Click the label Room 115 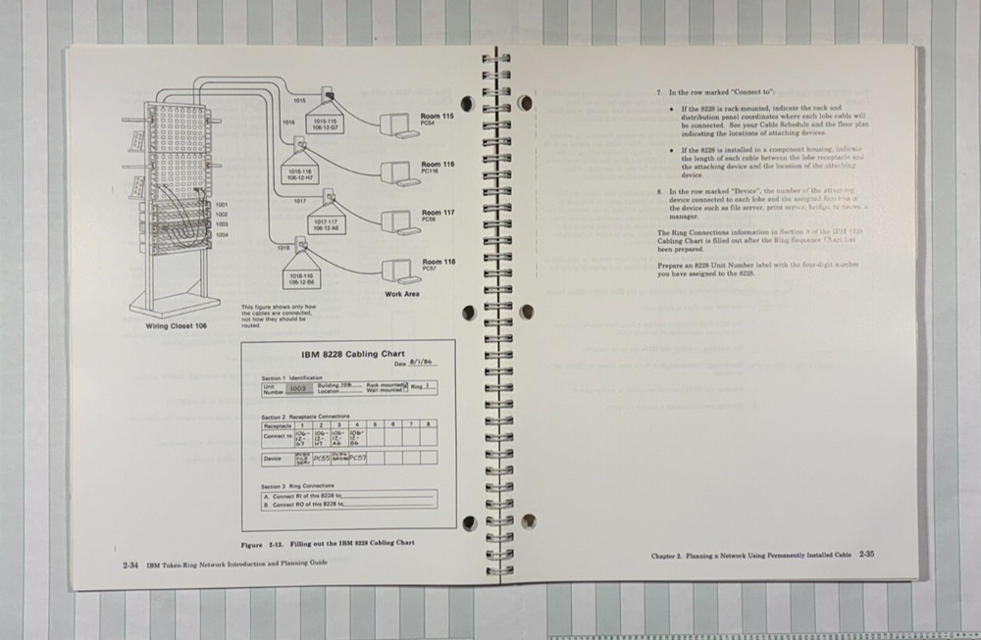[x=438, y=117]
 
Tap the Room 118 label [x=439, y=262]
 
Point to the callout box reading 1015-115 [x=326, y=124]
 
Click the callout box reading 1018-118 [x=301, y=277]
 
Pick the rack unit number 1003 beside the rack [x=222, y=224]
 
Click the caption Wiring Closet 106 [x=177, y=325]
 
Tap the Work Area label [x=402, y=294]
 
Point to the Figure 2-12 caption [x=328, y=542]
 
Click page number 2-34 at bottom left [x=129, y=564]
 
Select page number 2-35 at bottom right [x=865, y=555]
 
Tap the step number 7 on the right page [x=659, y=91]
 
